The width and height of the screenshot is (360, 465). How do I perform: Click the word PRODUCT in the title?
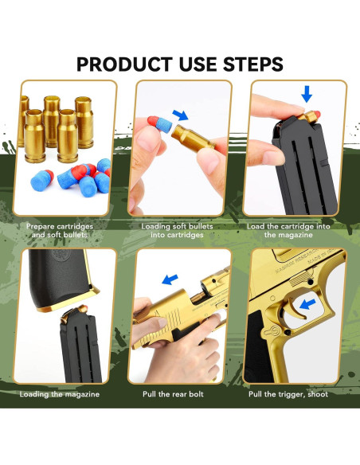tap(120, 63)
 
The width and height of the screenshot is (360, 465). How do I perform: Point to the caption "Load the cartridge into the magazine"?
tap(299, 230)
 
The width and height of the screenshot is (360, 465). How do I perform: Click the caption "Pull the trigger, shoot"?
tap(299, 393)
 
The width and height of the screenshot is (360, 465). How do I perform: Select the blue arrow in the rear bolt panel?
tap(170, 279)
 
